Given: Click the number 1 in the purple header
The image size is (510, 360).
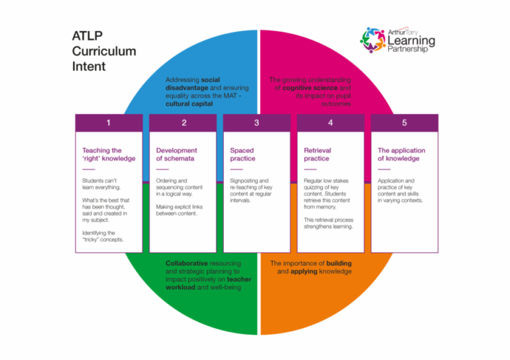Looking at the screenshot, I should [x=108, y=123].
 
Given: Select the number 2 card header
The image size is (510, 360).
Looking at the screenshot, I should [x=183, y=123].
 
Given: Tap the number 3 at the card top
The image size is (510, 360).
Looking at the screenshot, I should [x=257, y=123].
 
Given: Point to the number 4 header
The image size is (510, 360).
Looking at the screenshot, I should [x=331, y=123].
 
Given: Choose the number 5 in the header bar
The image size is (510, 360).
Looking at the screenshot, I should [x=404, y=123].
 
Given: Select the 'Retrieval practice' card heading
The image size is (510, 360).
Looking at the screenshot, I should [x=317, y=154].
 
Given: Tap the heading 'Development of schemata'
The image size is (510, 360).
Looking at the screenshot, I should [x=176, y=154].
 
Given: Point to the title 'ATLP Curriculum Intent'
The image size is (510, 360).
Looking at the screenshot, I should [x=104, y=50].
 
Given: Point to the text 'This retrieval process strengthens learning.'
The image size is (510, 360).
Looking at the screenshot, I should [x=328, y=224].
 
